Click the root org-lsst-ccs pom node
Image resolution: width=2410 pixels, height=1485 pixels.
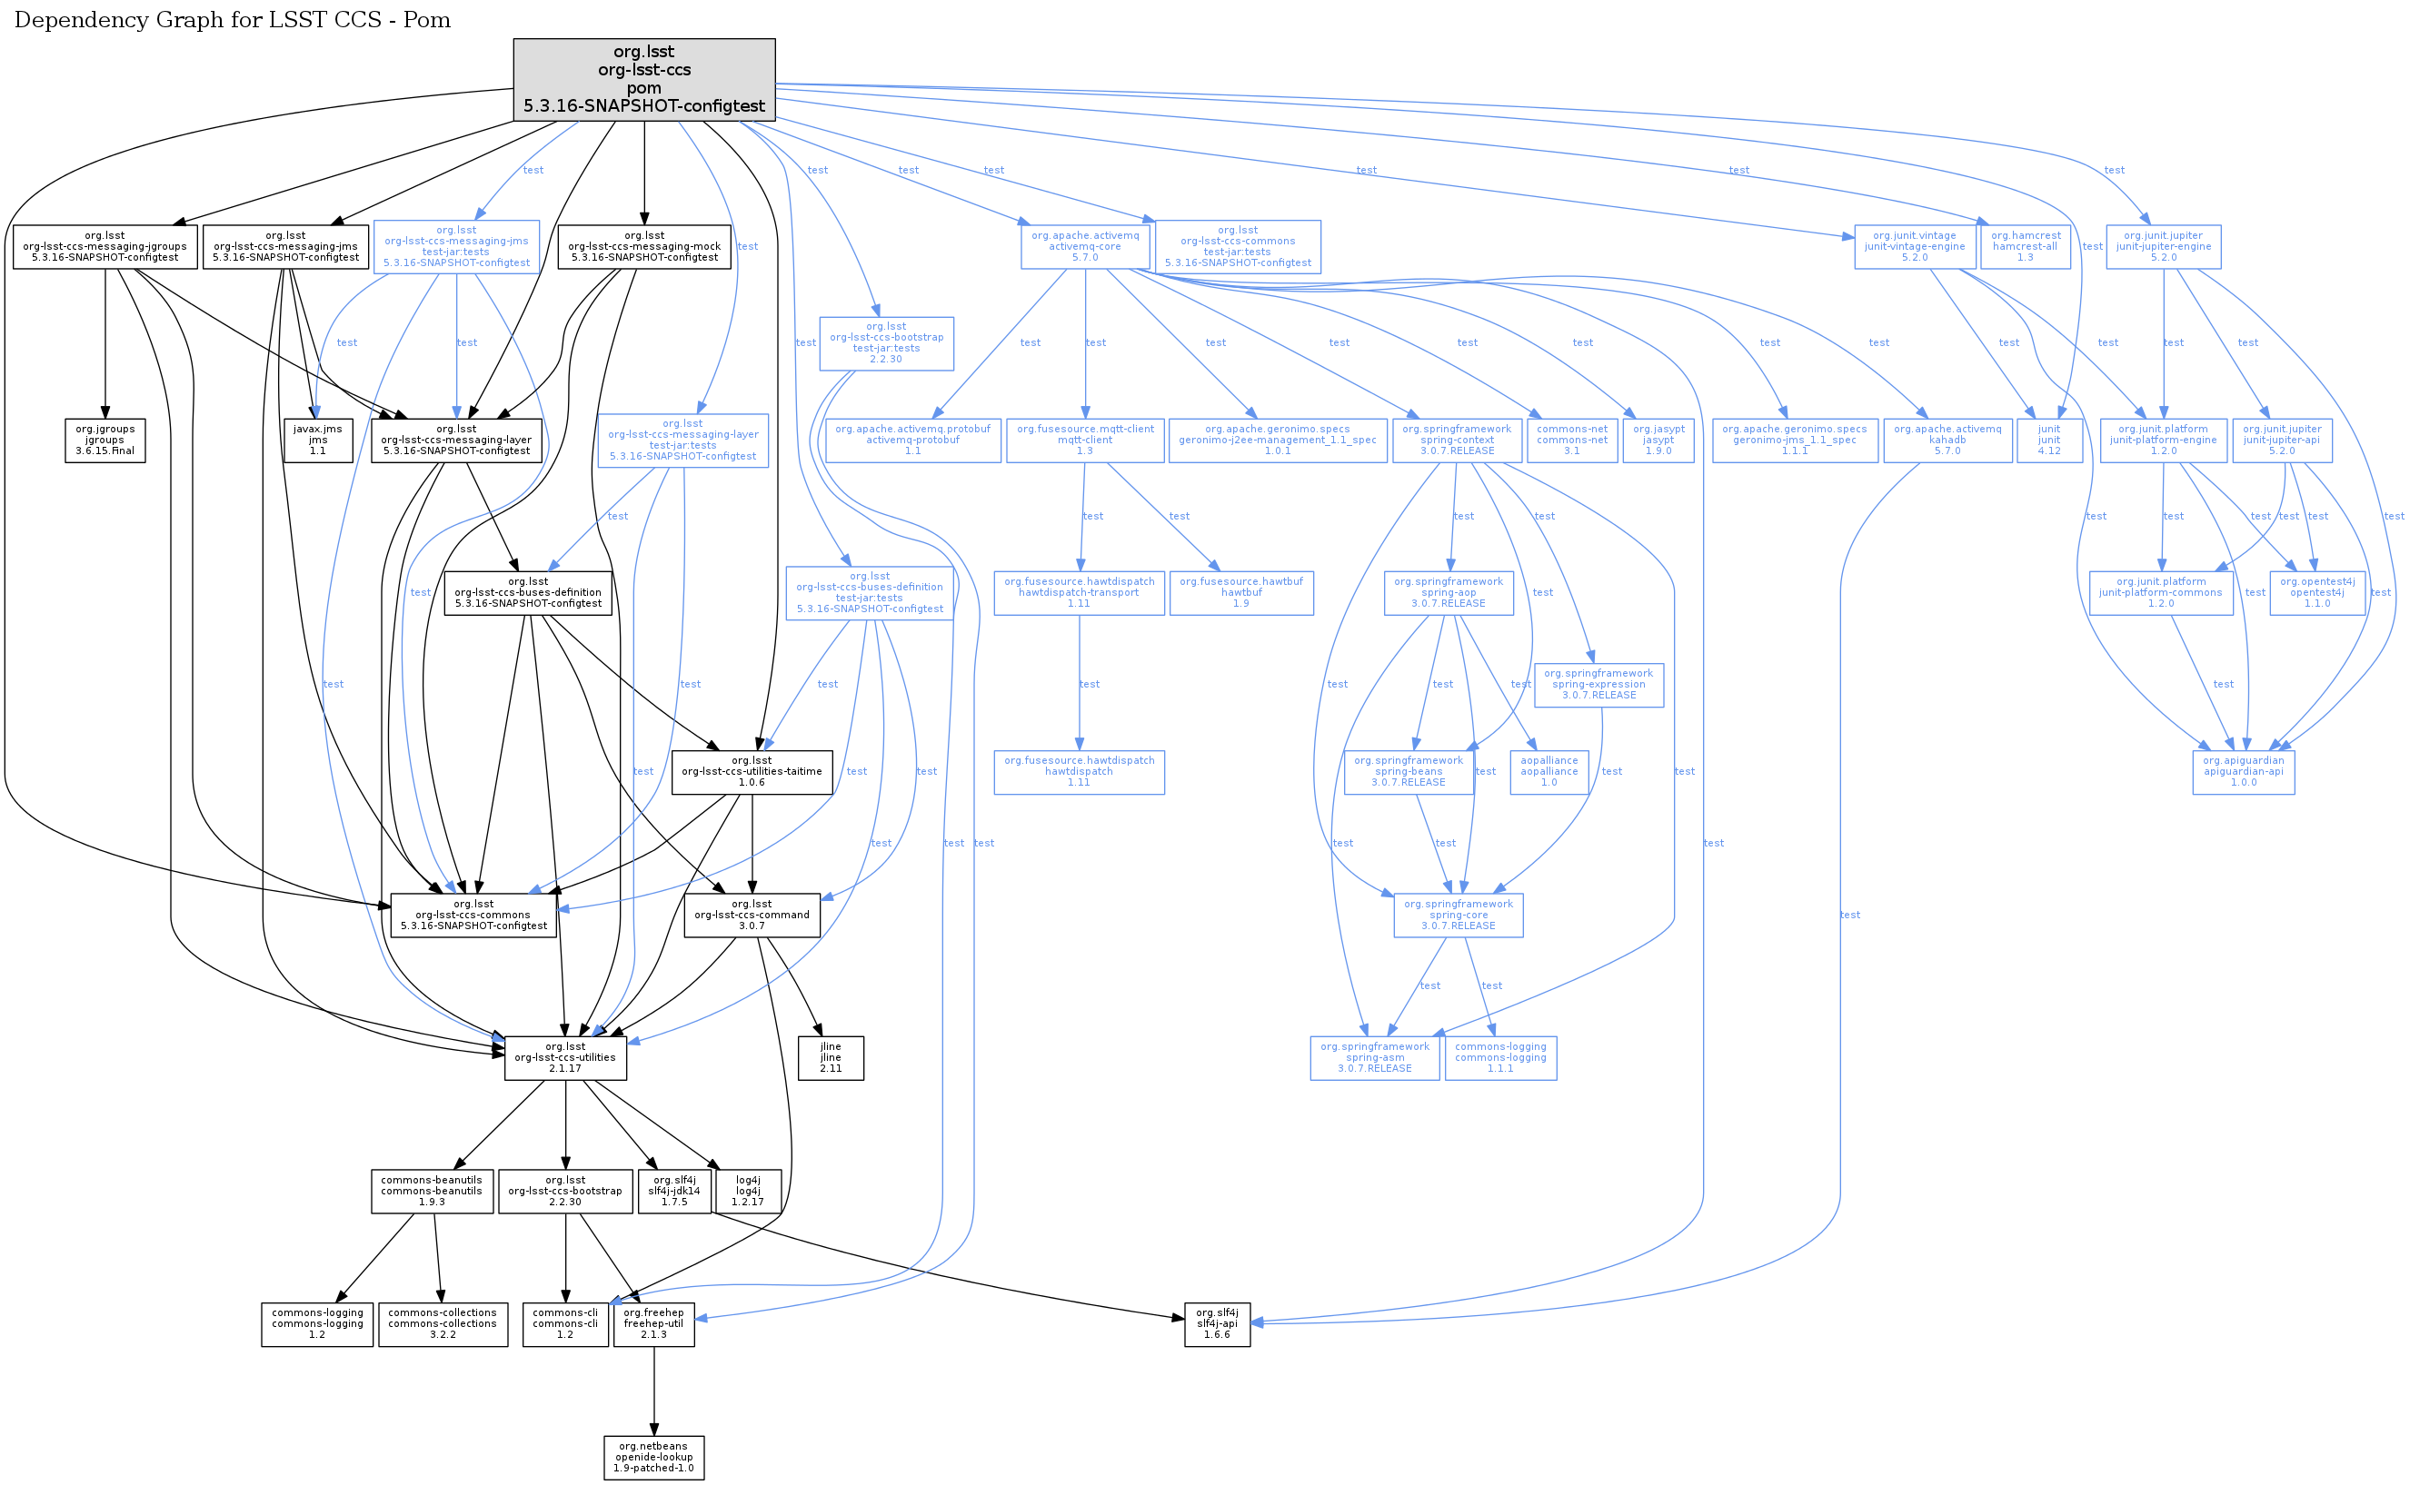coord(643,79)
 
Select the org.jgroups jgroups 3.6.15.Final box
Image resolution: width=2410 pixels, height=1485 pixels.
coord(105,440)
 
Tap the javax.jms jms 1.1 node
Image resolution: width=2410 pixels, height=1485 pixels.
coord(317,440)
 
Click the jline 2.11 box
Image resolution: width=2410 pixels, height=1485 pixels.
coord(831,1058)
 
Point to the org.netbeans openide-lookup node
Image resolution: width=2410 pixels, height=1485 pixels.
coord(653,1458)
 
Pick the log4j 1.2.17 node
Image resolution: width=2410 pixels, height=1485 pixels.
coord(748,1191)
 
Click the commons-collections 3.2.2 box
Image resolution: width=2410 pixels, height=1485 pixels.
coord(443,1324)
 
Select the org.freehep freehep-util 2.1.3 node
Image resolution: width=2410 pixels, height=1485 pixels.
coord(653,1324)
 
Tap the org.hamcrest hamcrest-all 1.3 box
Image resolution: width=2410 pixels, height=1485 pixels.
coord(2025,246)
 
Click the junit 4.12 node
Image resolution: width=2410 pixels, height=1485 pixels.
coord(2048,440)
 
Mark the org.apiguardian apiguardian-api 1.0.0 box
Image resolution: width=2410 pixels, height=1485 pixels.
coord(2243,772)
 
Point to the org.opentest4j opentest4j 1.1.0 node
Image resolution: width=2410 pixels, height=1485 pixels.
coord(2316,593)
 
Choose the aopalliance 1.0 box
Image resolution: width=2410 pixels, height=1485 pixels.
coord(1549,772)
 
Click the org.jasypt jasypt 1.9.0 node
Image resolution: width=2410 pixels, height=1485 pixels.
coord(1658,440)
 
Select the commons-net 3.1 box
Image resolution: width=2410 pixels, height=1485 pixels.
coord(1572,440)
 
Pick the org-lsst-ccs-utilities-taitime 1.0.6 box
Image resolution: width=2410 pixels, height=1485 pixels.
coord(752,772)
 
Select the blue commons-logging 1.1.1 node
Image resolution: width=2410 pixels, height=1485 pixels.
coord(1500,1058)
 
